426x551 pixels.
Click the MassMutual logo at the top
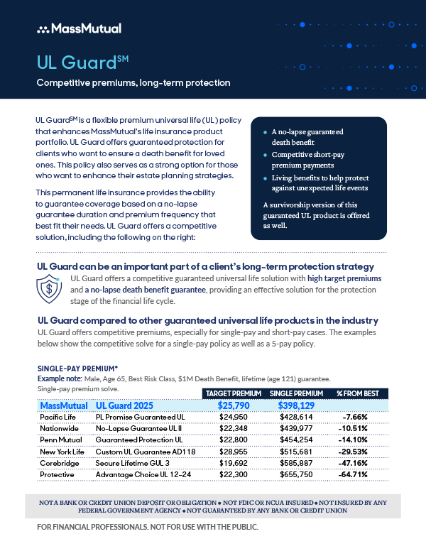tap(78, 28)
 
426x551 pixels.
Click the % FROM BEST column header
tap(357, 393)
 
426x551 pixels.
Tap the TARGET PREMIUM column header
tap(233, 393)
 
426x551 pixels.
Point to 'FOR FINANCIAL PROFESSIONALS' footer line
tap(148, 528)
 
